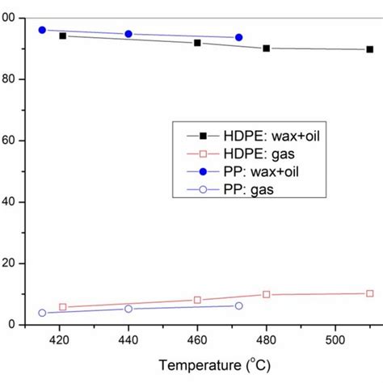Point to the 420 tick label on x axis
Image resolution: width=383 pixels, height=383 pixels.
click(x=59, y=340)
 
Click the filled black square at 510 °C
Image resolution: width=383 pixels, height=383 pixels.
click(x=370, y=49)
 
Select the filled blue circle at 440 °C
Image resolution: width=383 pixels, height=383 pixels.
click(x=128, y=34)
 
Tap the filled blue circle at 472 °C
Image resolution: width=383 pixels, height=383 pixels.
click(x=238, y=37)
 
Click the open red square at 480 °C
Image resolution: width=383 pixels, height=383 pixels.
click(x=267, y=294)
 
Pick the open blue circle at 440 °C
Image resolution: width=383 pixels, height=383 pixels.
click(x=128, y=309)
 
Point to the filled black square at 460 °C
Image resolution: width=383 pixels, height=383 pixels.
click(x=197, y=43)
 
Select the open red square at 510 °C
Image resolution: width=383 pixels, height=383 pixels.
click(x=370, y=293)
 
